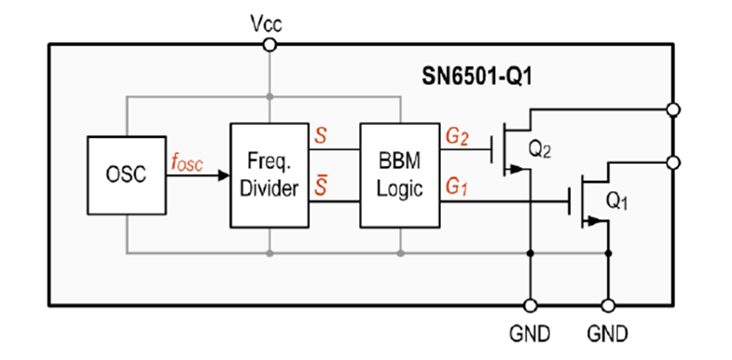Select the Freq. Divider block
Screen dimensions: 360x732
pyautogui.click(x=269, y=174)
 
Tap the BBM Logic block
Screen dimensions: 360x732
pyautogui.click(x=400, y=174)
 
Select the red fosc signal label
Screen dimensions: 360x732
pyautogui.click(x=186, y=161)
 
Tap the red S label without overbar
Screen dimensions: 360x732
pyautogui.click(x=322, y=137)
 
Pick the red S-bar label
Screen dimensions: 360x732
pyautogui.click(x=322, y=187)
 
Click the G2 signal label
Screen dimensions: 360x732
pyautogui.click(x=457, y=137)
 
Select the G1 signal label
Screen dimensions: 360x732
pyautogui.click(x=457, y=187)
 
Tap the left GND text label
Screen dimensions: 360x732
pyautogui.click(x=531, y=333)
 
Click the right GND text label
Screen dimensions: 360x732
pyautogui.click(x=608, y=333)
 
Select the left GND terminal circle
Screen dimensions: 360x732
pyautogui.click(x=531, y=305)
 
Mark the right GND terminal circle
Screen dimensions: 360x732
pyautogui.click(x=608, y=305)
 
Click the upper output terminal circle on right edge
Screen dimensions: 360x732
pyautogui.click(x=674, y=110)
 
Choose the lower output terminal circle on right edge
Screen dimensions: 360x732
pyautogui.click(x=674, y=162)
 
